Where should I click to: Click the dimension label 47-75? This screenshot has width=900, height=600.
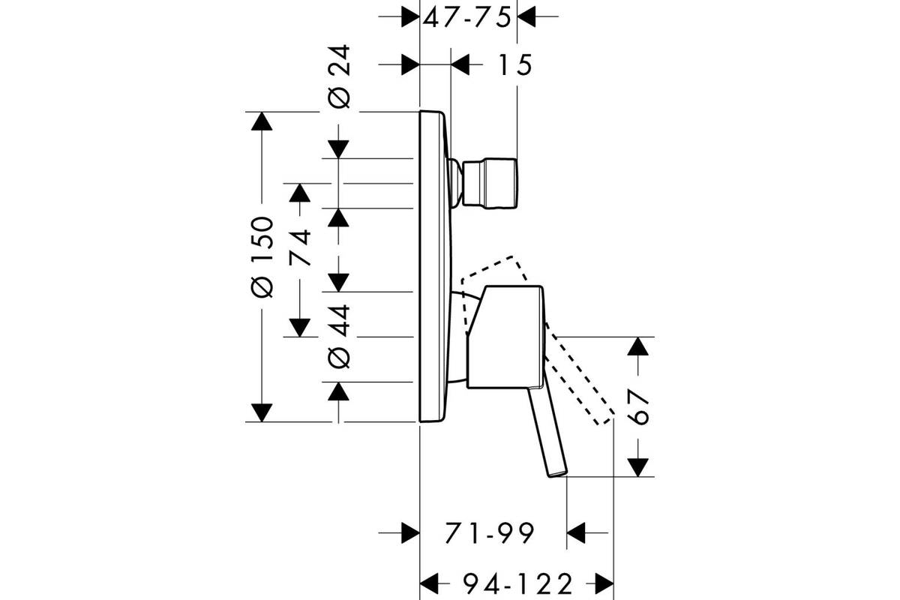click(x=467, y=17)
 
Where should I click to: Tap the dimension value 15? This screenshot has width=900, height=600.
click(x=515, y=64)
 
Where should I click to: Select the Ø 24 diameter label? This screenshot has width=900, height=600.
click(x=340, y=76)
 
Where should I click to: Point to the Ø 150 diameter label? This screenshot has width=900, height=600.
click(x=262, y=257)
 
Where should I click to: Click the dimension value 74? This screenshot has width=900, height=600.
click(x=300, y=247)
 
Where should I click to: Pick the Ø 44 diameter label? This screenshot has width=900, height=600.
click(x=339, y=337)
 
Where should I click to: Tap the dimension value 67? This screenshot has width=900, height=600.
click(x=638, y=406)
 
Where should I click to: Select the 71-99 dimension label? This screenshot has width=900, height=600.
click(x=490, y=533)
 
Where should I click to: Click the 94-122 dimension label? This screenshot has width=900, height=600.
click(x=517, y=584)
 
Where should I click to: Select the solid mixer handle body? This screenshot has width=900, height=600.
click(x=505, y=337)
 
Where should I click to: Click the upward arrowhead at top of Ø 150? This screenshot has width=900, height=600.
click(x=262, y=121)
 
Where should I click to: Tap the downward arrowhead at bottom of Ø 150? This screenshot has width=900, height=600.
click(x=262, y=412)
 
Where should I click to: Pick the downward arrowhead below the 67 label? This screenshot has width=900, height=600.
click(x=638, y=468)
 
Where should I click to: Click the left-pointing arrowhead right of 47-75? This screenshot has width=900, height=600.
click(x=526, y=17)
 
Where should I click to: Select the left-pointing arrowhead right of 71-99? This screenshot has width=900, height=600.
click(x=576, y=533)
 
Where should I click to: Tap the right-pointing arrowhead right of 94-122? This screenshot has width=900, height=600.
click(x=604, y=584)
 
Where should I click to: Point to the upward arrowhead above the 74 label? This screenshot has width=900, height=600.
click(x=300, y=193)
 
